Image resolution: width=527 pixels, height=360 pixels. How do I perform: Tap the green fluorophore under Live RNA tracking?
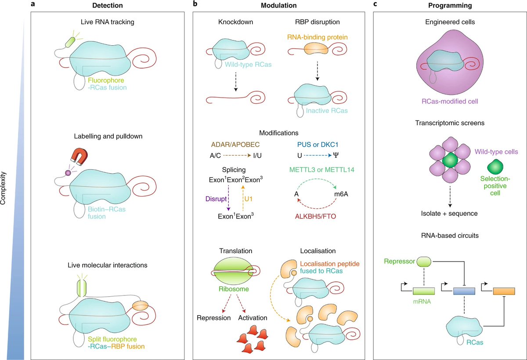(71, 42)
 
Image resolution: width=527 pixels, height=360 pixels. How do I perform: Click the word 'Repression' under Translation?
(213, 317)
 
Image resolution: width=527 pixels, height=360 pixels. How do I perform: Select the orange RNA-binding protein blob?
(317, 49)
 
